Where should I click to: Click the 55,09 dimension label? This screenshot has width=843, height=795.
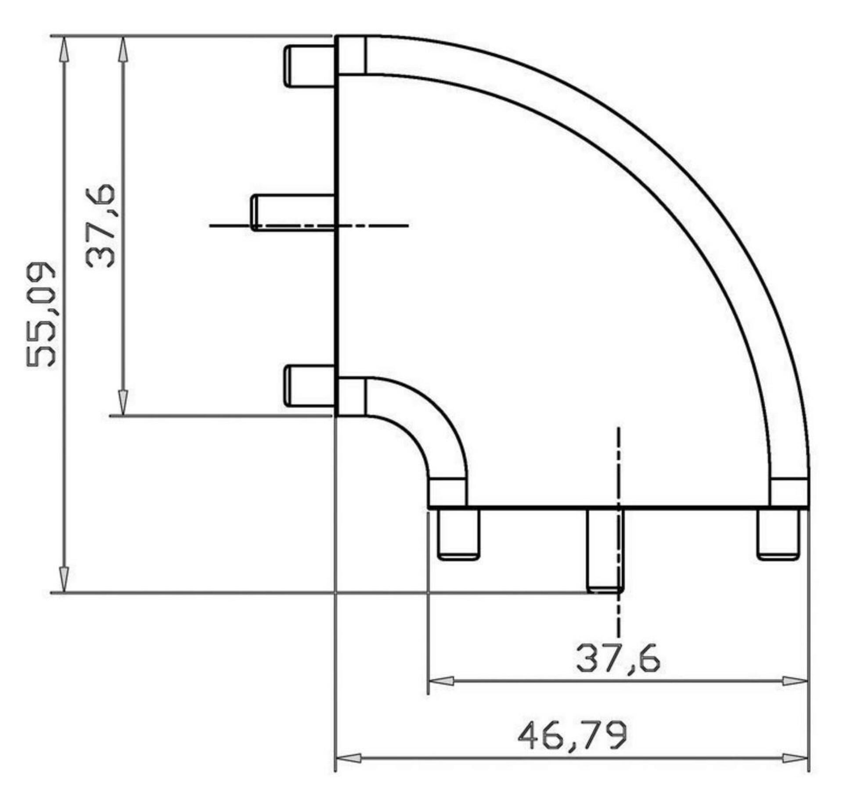tap(41, 315)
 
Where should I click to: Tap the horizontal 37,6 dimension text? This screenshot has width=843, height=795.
tap(618, 658)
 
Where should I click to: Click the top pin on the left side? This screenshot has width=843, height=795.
tap(309, 66)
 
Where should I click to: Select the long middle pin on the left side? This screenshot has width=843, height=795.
tap(293, 212)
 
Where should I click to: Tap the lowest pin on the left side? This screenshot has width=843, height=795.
tap(309, 386)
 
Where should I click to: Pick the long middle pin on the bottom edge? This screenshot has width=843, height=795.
tap(605, 551)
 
